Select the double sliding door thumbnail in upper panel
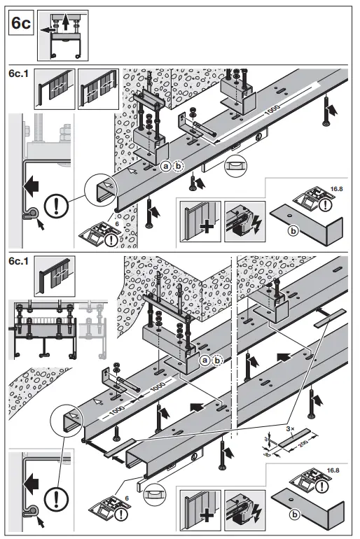tap(99, 90)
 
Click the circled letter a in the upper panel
tap(165, 166)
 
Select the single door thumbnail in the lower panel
tap(55, 276)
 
